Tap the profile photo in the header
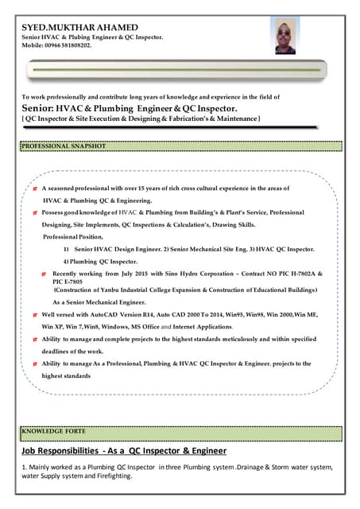click(x=288, y=37)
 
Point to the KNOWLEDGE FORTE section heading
click(x=52, y=432)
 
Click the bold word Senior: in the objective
click(x=37, y=108)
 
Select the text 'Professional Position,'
click(x=72, y=238)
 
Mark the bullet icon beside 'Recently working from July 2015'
click(x=45, y=273)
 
